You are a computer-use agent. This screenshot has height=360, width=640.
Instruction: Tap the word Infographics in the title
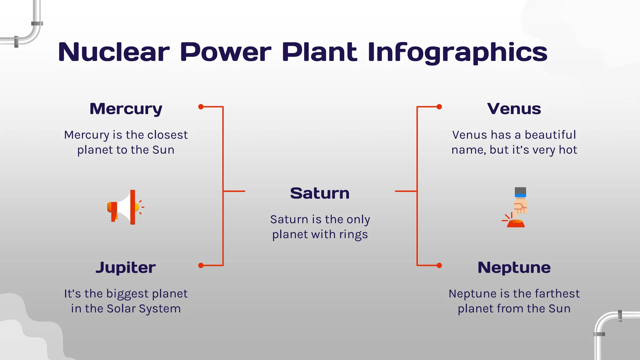tap(457, 52)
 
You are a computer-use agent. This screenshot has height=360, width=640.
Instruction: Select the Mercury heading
tap(126, 109)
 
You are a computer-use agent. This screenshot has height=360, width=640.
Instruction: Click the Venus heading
tap(514, 109)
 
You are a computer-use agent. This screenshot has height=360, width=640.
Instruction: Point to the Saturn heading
tap(320, 193)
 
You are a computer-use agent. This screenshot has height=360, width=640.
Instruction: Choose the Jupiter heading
tap(126, 267)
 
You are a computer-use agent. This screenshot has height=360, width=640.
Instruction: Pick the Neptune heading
tap(514, 267)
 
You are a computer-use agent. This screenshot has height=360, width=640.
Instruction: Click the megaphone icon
tap(125, 207)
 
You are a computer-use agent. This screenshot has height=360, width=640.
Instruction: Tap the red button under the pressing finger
tap(516, 223)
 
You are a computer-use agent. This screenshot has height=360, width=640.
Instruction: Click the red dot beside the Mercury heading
tap(201, 107)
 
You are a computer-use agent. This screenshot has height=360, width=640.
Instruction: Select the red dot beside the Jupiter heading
tap(201, 266)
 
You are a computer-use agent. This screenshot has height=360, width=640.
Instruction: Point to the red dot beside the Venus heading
tap(439, 107)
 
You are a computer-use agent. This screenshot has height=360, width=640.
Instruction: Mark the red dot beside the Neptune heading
tap(439, 266)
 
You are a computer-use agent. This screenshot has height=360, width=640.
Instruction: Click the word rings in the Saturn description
tap(353, 235)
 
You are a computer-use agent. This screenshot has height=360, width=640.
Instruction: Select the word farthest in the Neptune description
tap(557, 294)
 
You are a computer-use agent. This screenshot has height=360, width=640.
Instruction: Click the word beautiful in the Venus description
tap(550, 135)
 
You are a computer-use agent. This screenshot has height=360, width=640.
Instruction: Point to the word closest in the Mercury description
tap(167, 135)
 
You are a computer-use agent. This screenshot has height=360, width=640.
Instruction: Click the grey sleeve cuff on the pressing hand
tap(520, 191)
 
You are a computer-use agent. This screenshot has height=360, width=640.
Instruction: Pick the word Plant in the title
tap(319, 52)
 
